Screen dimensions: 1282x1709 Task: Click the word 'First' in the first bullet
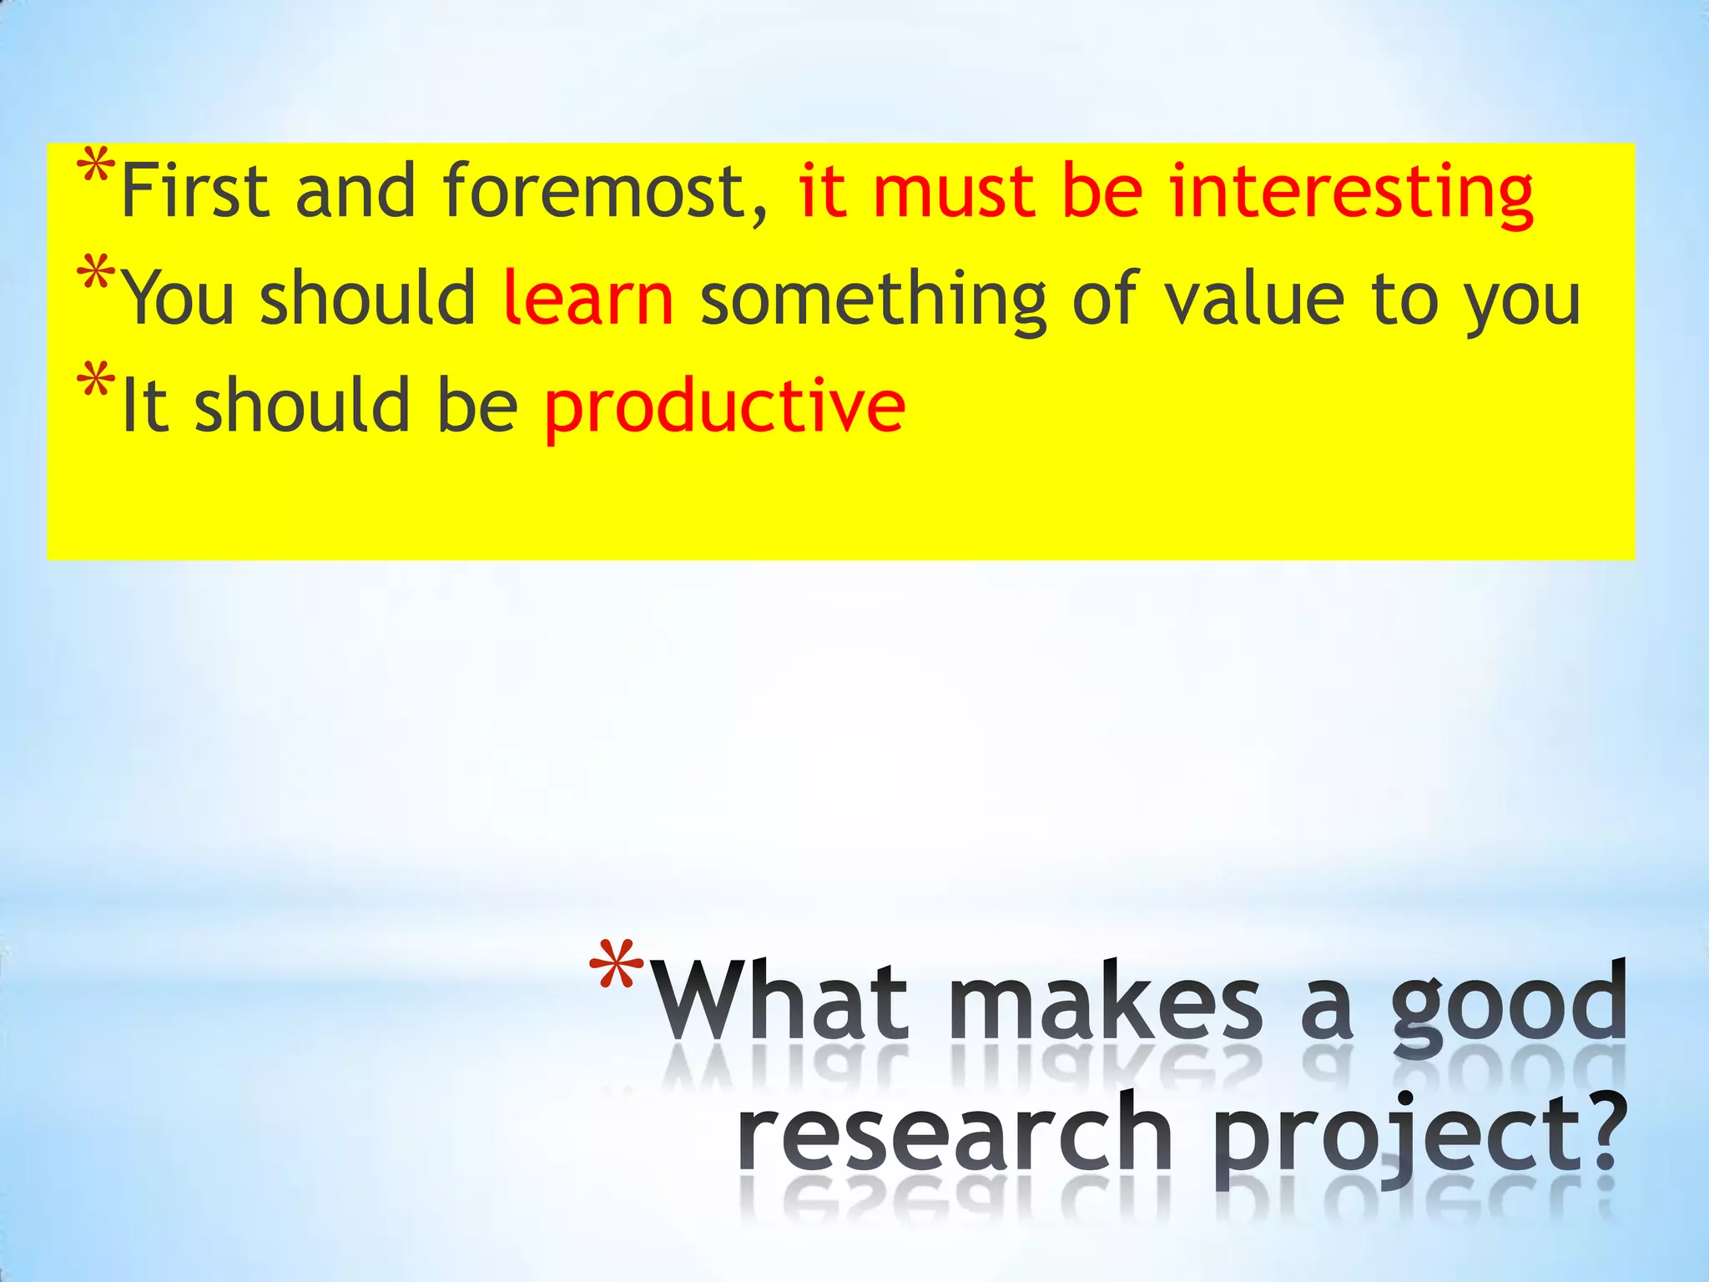tap(194, 191)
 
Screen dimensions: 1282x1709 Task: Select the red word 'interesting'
tap(1351, 194)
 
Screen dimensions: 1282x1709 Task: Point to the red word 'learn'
tap(589, 298)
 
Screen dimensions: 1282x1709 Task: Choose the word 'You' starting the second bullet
tap(179, 298)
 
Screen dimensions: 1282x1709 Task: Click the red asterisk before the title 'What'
tap(616, 965)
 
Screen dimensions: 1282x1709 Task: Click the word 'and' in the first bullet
tap(355, 191)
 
